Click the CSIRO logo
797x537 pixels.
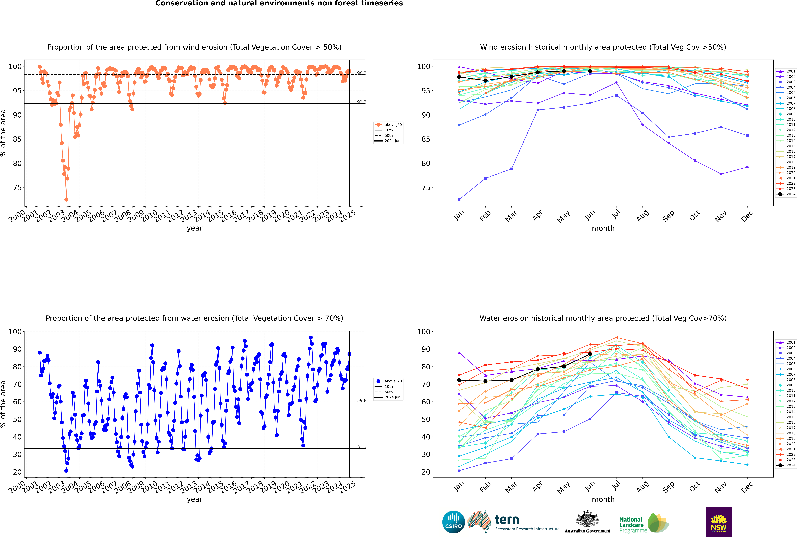(x=453, y=522)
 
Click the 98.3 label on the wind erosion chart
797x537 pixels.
(x=361, y=73)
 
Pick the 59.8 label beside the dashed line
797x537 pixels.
(x=361, y=400)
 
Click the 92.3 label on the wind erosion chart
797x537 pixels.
(x=361, y=102)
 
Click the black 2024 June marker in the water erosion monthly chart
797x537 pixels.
(x=590, y=354)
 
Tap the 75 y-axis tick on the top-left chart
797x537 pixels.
(x=17, y=188)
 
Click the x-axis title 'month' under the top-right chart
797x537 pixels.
(x=603, y=228)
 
